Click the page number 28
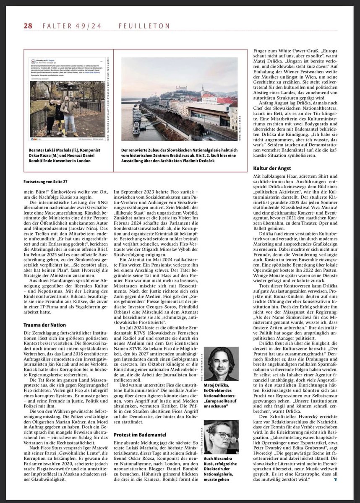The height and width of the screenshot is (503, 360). (x=28, y=26)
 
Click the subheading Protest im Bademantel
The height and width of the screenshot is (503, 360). (x=140, y=435)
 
